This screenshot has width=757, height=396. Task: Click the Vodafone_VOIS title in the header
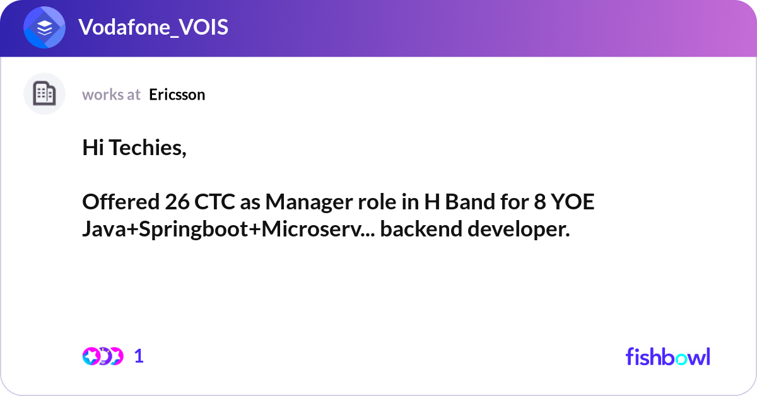click(153, 27)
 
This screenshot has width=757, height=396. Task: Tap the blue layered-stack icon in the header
click(44, 27)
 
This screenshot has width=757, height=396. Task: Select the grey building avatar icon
click(44, 93)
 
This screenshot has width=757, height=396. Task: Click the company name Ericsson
click(177, 95)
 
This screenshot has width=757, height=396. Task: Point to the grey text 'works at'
click(111, 95)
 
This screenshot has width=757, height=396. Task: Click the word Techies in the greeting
click(148, 148)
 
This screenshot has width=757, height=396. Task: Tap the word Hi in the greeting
click(93, 148)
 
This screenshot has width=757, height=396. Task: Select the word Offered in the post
click(120, 202)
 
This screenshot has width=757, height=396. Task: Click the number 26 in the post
click(177, 202)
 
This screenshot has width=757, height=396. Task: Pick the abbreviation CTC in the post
click(214, 202)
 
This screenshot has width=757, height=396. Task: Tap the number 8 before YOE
click(540, 202)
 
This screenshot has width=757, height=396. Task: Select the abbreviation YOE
click(573, 202)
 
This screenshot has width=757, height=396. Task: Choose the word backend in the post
click(421, 229)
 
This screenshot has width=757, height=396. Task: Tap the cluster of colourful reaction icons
click(103, 356)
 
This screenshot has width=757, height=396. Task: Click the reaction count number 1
click(139, 356)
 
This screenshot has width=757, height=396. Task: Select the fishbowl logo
click(668, 356)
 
